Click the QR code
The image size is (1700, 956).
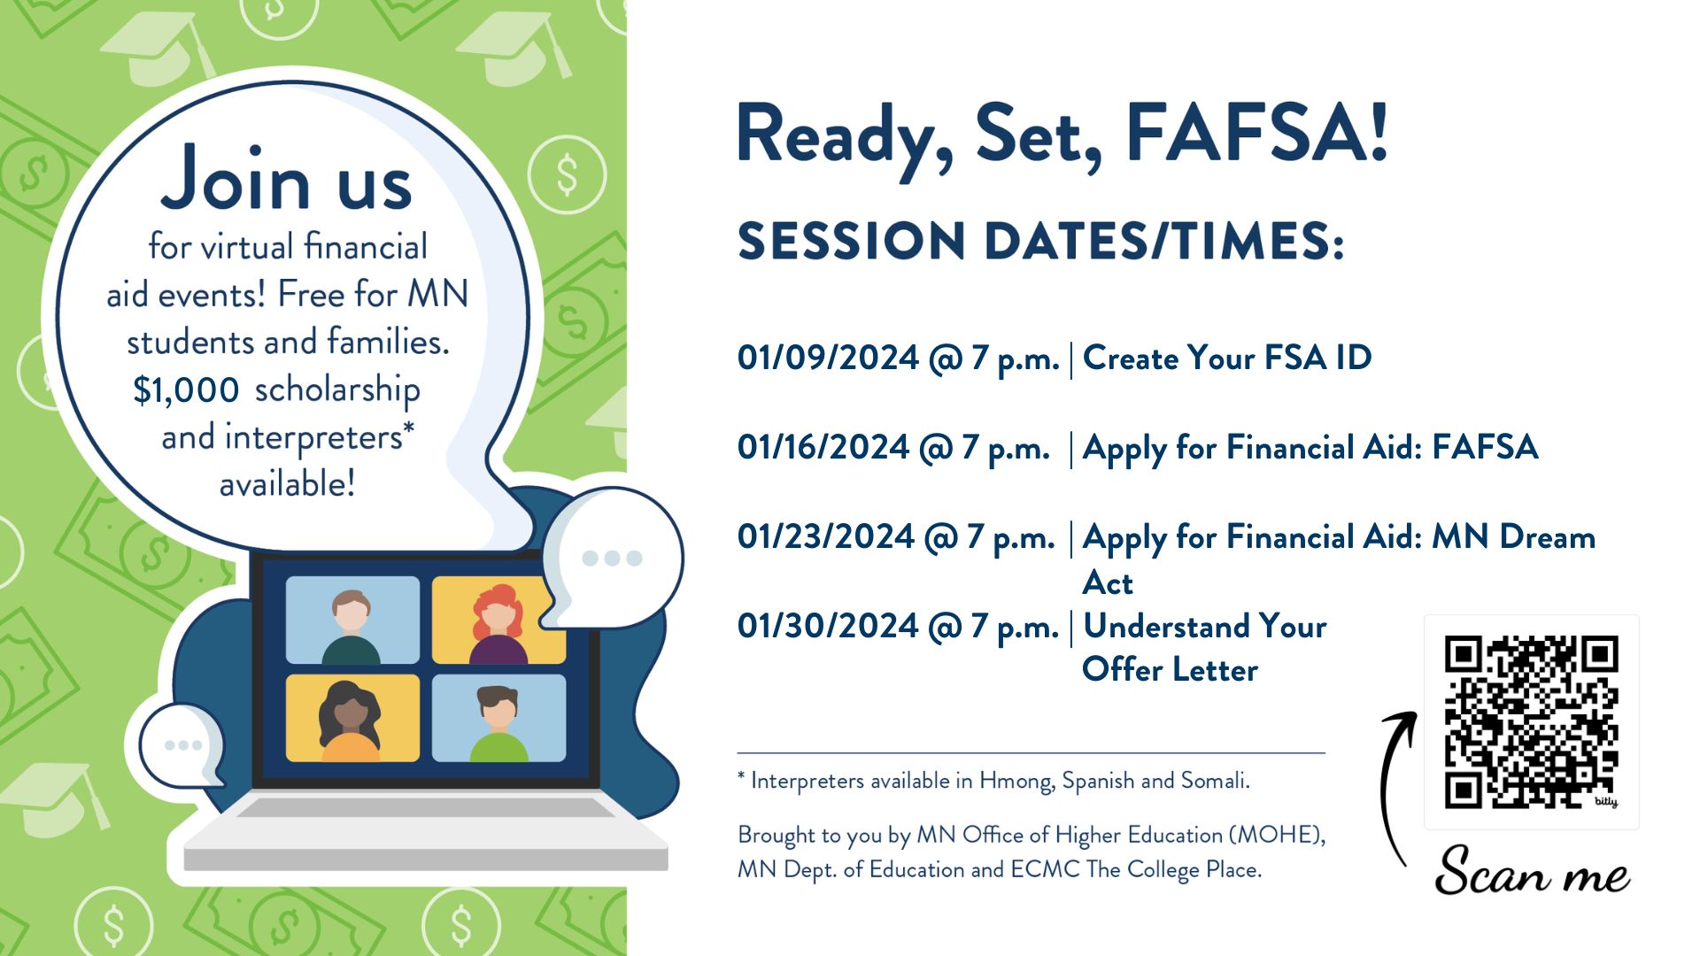tap(1531, 721)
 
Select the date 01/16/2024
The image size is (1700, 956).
tap(823, 447)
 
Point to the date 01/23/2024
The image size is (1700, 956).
tap(825, 536)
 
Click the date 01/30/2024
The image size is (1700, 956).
tap(828, 626)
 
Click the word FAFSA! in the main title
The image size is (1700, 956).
tap(1256, 135)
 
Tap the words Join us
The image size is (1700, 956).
tap(286, 180)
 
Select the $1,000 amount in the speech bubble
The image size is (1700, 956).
tap(186, 390)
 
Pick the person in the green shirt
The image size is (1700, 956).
tap(498, 723)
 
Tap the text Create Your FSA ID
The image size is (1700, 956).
tap(1227, 358)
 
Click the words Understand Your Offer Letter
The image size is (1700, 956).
tap(1204, 647)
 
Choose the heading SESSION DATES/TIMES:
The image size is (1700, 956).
tap(1041, 241)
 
